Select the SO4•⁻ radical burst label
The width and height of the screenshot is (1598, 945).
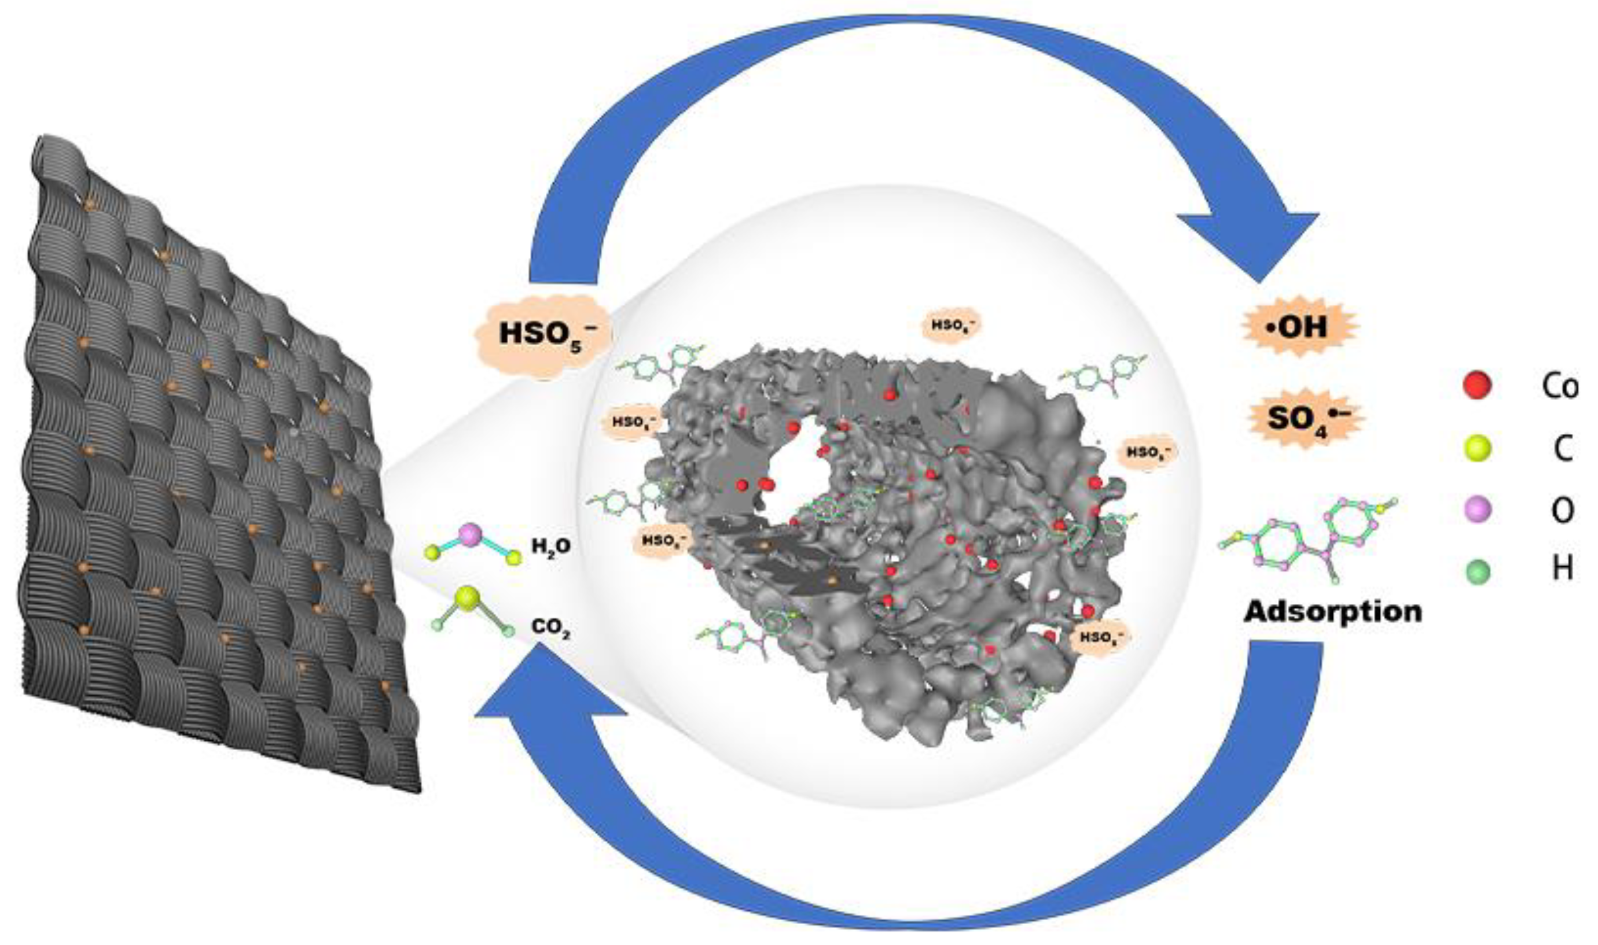[x=1300, y=418]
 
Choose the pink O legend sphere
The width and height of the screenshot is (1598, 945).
[x=1477, y=510]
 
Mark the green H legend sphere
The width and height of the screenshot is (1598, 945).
[x=1477, y=571]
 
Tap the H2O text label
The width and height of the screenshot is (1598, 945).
[x=552, y=546]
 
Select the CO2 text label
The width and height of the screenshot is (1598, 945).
[x=551, y=629]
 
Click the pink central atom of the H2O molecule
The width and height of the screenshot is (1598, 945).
[x=471, y=536]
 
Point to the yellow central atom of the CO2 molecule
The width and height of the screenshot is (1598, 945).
[x=467, y=599]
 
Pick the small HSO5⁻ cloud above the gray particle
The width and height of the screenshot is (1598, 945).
[x=952, y=326]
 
